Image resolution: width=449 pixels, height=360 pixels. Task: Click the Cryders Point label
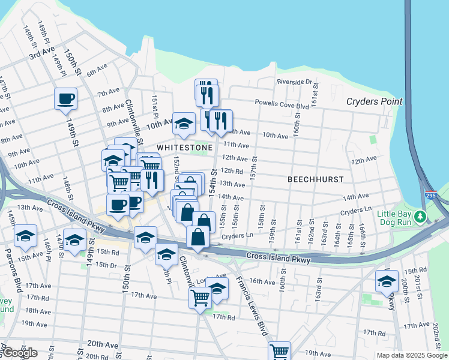click(374, 101)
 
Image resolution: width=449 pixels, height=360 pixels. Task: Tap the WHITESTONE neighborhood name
click(184, 147)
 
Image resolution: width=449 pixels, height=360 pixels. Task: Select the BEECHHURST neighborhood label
click(315, 179)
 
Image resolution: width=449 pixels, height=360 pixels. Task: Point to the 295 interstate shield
click(431, 196)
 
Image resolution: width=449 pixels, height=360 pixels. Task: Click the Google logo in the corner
click(19, 353)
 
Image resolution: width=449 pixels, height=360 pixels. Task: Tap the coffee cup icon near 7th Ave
click(65, 98)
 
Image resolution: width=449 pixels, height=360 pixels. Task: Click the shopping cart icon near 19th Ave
click(279, 351)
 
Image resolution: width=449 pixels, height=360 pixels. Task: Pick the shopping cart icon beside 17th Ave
click(200, 296)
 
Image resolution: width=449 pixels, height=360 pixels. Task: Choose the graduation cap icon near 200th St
click(387, 281)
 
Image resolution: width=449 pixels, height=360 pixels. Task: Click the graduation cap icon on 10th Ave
click(184, 123)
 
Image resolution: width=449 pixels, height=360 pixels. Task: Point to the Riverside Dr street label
click(294, 82)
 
